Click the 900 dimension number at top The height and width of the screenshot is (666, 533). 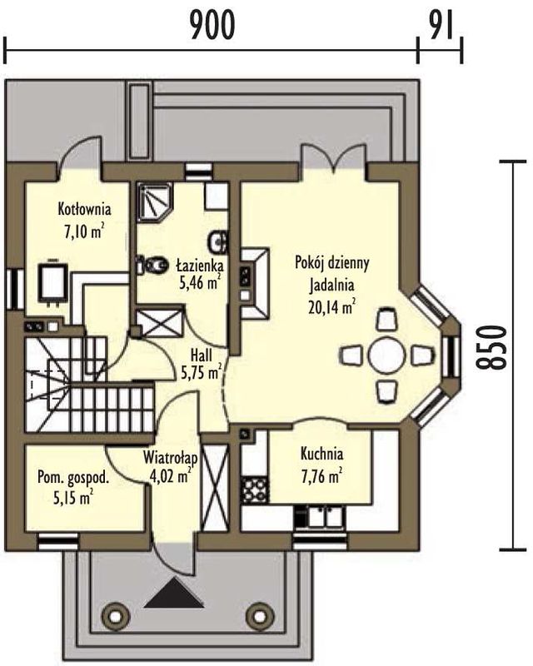[x=212, y=25]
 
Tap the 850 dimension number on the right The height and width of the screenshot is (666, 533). [x=491, y=347]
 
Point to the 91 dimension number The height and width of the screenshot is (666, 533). [x=441, y=25]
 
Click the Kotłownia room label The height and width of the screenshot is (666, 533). [x=85, y=209]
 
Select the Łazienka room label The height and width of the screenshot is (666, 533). [x=200, y=266]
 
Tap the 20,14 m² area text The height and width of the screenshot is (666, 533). [x=332, y=306]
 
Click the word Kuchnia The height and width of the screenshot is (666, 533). [x=321, y=454]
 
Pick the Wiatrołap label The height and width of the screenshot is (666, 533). [x=171, y=458]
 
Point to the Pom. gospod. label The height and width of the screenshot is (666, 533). [x=73, y=477]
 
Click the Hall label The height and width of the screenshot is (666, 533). [x=202, y=355]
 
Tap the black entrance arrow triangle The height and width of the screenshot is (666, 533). [x=174, y=593]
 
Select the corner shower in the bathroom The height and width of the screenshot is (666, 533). [x=154, y=201]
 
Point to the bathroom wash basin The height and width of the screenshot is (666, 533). [x=218, y=242]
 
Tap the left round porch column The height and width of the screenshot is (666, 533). [x=115, y=615]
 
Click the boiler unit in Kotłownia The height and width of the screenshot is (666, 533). [x=52, y=281]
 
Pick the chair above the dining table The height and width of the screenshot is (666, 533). [x=386, y=319]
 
